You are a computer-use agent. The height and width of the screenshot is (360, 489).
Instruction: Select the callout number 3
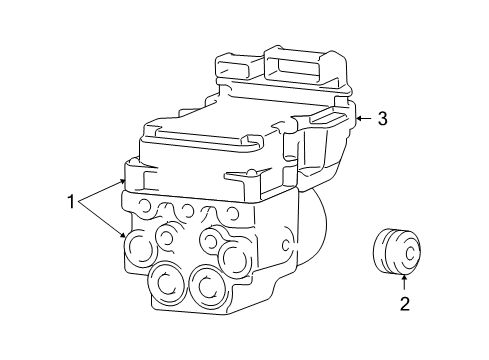pyautogui.click(x=381, y=118)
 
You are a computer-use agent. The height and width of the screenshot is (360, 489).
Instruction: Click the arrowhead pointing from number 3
pyautogui.click(x=358, y=118)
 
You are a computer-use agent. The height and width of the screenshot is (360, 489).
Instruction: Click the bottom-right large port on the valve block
pyautogui.click(x=207, y=286)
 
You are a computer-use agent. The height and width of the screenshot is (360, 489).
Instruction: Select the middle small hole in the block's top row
pyautogui.click(x=187, y=210)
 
